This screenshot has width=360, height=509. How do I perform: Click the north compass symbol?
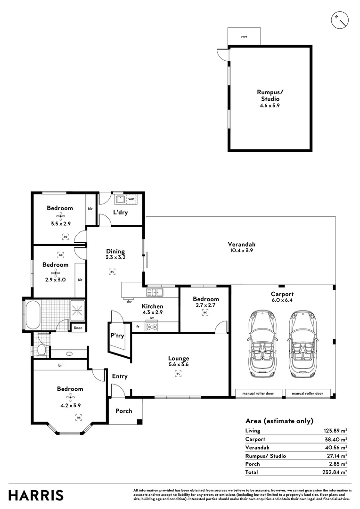[340, 19]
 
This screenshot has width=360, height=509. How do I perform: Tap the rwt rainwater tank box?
[244, 36]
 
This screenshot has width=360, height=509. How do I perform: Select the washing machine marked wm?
[131, 200]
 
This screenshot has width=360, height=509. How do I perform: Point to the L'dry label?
[120, 213]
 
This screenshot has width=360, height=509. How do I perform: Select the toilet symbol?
[41, 350]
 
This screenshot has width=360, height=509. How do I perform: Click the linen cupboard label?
[77, 328]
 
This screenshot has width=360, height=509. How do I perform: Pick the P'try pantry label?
[117, 336]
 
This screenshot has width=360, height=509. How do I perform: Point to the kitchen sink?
[155, 293]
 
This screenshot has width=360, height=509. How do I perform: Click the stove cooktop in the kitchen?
[152, 326]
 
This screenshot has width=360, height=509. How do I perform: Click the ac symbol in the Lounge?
[178, 374]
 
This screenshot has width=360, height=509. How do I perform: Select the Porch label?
[123, 410]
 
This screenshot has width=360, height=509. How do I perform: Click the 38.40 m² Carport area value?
[336, 439]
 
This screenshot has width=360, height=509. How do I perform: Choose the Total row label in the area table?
[252, 472]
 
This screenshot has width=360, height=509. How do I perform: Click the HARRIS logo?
[37, 495]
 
